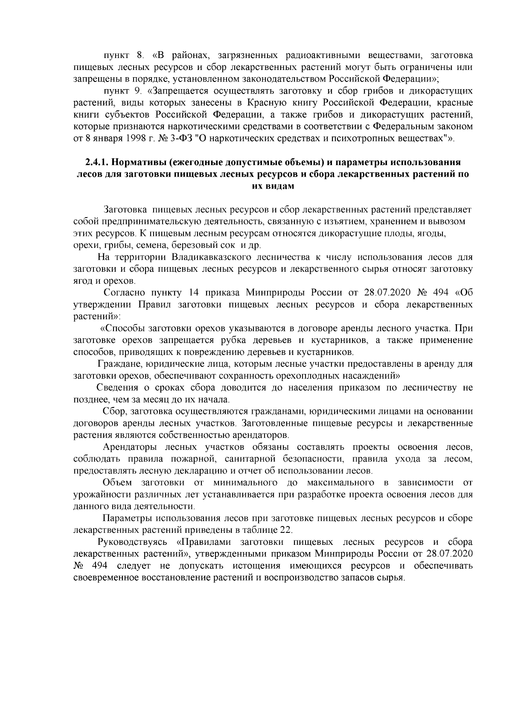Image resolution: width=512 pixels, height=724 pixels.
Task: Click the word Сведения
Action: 118,388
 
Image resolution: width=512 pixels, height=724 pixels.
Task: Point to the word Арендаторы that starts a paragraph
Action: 128,447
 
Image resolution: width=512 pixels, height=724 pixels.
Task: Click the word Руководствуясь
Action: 133,542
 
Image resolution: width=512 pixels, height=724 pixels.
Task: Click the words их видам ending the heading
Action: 273,186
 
